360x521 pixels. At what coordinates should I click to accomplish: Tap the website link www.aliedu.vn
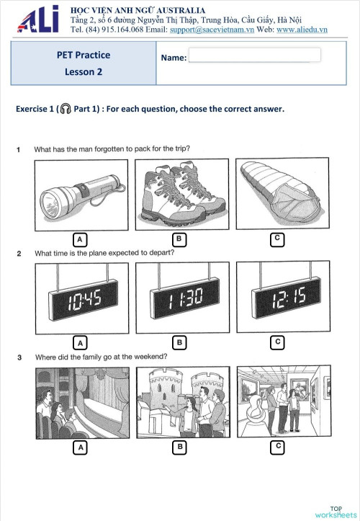[x=302, y=30]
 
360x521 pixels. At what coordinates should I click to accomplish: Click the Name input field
[x=254, y=55]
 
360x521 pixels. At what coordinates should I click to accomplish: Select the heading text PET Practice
[x=84, y=55]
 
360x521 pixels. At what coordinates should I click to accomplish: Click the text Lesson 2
[x=84, y=71]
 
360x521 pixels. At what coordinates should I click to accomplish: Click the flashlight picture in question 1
[x=81, y=195]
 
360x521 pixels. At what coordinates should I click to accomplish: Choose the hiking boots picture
[x=181, y=195]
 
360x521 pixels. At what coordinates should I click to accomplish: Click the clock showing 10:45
[x=81, y=298]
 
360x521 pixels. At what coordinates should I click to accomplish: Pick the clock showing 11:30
[x=181, y=298]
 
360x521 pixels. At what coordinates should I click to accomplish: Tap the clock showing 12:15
[x=282, y=298]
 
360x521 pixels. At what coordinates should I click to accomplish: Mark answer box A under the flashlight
[x=81, y=239]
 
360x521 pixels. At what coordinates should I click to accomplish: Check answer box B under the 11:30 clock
[x=181, y=342]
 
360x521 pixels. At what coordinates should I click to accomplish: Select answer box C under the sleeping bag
[x=277, y=239]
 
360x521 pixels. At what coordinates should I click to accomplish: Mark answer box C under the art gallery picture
[x=277, y=447]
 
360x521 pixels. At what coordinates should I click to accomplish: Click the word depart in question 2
[x=163, y=253]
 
